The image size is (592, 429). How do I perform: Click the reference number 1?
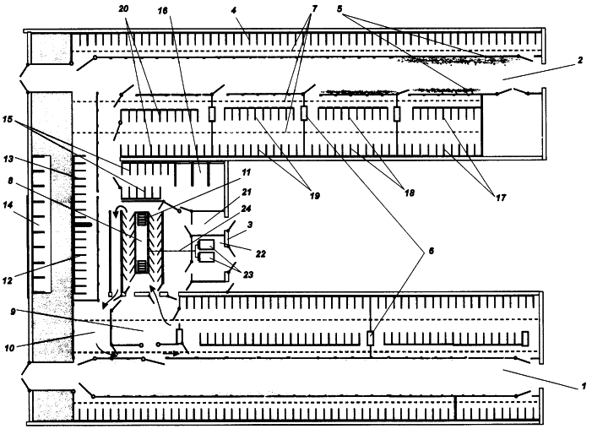coord(581,388)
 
